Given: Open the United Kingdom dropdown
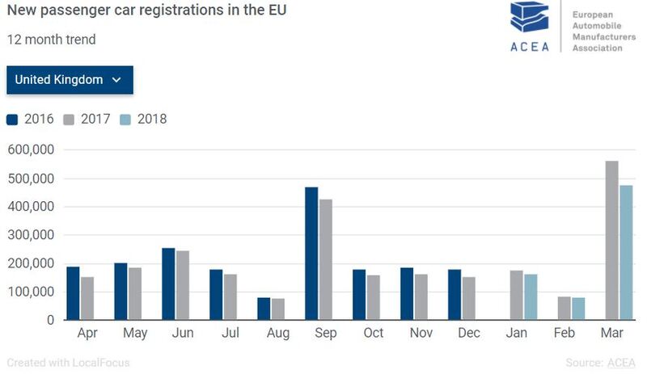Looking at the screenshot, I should [70, 80].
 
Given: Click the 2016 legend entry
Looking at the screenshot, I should [31, 120].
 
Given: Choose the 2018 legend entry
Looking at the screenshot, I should [143, 120].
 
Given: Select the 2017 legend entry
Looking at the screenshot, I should [87, 120].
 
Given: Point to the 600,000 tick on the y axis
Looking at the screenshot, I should [30, 149].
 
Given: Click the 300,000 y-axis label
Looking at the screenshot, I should [30, 235].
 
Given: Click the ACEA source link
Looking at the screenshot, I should [622, 363].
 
